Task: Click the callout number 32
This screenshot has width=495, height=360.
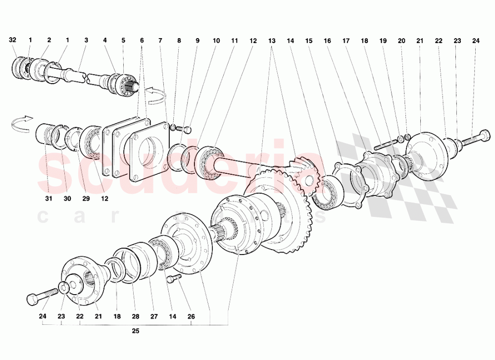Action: [x=13, y=40]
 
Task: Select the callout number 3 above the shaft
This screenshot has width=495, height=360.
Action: [x=86, y=40]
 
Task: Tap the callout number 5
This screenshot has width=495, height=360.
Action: [x=123, y=40]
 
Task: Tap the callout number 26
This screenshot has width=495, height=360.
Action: [x=191, y=316]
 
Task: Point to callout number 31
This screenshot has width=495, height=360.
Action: [x=49, y=199]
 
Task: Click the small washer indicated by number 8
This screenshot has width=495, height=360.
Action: [x=174, y=128]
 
